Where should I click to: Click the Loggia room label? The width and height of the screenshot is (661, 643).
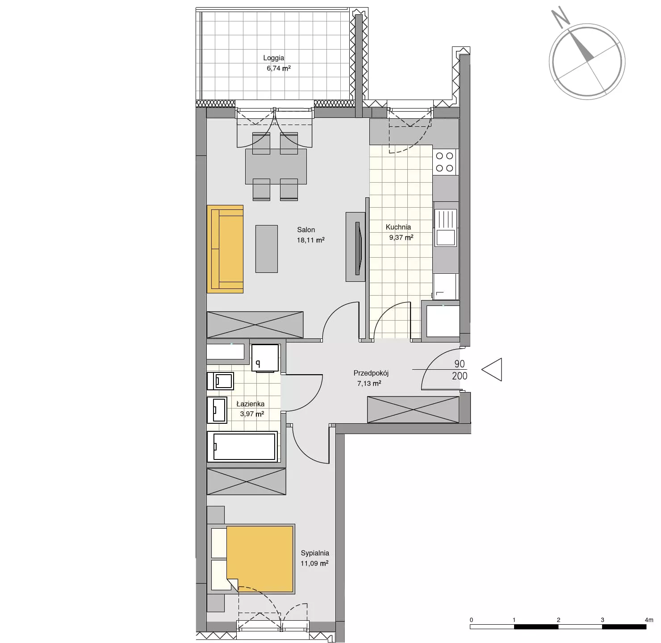(x=273, y=58)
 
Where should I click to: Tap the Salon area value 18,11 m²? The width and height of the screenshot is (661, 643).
(x=310, y=240)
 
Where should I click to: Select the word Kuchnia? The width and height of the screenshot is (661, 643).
(x=398, y=227)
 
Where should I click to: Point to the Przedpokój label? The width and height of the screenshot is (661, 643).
(x=371, y=373)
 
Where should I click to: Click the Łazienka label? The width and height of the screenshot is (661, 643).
(x=251, y=404)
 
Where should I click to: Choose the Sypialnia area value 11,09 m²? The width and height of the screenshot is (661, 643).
(x=314, y=564)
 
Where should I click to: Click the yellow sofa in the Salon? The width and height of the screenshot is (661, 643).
(x=225, y=249)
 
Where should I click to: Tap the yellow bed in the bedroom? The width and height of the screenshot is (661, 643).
(x=259, y=559)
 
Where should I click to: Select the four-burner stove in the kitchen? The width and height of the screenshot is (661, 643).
(x=445, y=162)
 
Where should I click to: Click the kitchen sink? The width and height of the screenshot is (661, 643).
(x=445, y=227)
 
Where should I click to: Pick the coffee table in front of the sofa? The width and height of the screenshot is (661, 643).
(x=267, y=249)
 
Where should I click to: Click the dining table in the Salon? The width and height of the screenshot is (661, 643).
(x=276, y=167)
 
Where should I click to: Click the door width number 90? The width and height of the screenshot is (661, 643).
(x=460, y=364)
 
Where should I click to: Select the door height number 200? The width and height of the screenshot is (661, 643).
(x=460, y=376)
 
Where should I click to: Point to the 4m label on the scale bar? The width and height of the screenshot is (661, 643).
(x=649, y=620)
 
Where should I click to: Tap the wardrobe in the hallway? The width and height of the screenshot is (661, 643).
(x=413, y=409)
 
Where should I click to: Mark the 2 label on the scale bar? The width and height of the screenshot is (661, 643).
(x=558, y=620)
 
